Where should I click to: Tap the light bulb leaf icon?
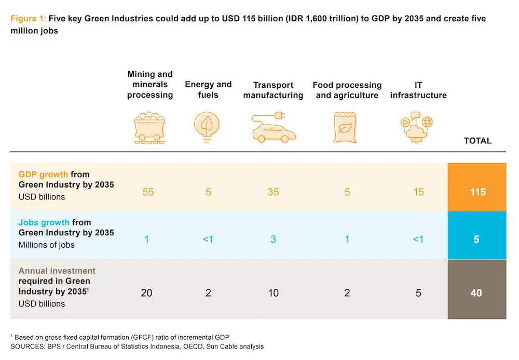tap(207, 126)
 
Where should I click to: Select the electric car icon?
tap(273, 127)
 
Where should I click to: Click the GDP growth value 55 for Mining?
tap(148, 192)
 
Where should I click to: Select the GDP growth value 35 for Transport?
tap(273, 192)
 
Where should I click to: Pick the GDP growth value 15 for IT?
tap(418, 192)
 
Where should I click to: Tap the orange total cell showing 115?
tap(477, 192)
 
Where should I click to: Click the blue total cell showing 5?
tap(477, 239)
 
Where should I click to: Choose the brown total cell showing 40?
tap(477, 293)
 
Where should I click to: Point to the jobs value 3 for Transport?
tap(273, 239)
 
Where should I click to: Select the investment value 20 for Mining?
tap(147, 293)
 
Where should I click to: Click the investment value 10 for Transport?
tap(273, 293)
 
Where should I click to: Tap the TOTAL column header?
tap(477, 141)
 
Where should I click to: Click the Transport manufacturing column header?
tap(273, 90)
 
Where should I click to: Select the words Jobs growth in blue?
tap(44, 222)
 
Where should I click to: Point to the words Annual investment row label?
tap(57, 271)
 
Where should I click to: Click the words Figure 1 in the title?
tap(28, 19)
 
